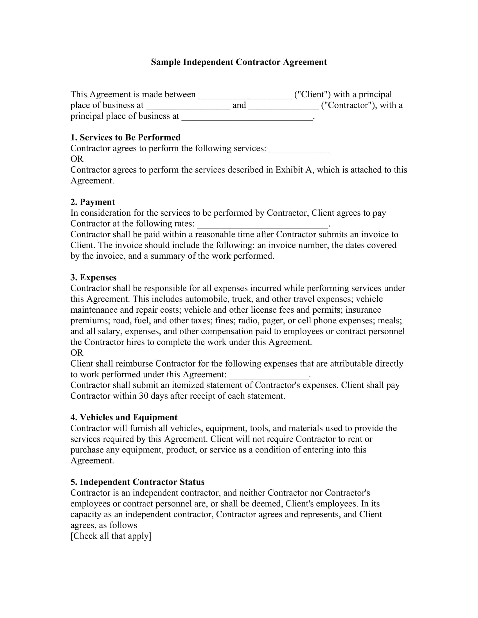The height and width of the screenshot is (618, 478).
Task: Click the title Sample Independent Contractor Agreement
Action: [x=239, y=62]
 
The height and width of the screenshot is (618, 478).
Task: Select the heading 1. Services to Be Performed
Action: [x=125, y=138]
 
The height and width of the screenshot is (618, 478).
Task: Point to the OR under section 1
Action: [x=77, y=159]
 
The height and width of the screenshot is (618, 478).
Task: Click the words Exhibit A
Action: [x=294, y=170]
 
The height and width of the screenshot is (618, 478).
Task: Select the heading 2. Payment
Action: [x=93, y=202]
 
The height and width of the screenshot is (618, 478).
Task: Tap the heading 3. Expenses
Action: [x=93, y=277]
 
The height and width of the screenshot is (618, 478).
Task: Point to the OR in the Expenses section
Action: [x=77, y=353]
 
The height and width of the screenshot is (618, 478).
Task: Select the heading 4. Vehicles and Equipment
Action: [x=124, y=417]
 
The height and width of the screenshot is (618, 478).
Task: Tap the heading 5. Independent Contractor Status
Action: [x=137, y=482]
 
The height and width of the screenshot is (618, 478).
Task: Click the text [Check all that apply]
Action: [x=111, y=536]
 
